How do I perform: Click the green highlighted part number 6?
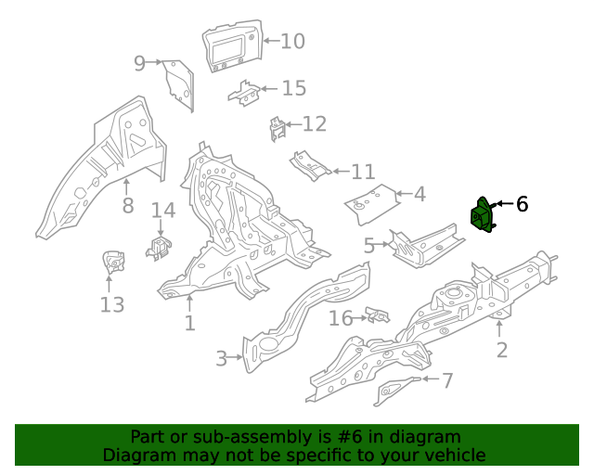[x=482, y=217]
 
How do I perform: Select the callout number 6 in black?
[x=522, y=204]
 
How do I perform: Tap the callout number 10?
[x=291, y=41]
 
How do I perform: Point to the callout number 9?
[x=139, y=63]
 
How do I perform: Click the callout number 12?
[x=314, y=124]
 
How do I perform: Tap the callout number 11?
[x=362, y=172]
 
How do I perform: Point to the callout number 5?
[x=369, y=246]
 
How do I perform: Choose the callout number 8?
[x=128, y=205]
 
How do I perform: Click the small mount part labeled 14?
[x=159, y=248]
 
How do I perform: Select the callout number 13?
[x=111, y=304]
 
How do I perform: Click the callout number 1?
[x=189, y=323]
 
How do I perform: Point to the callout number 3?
[x=221, y=358]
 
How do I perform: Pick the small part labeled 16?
[x=377, y=316]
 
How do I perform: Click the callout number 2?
[x=501, y=350]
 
